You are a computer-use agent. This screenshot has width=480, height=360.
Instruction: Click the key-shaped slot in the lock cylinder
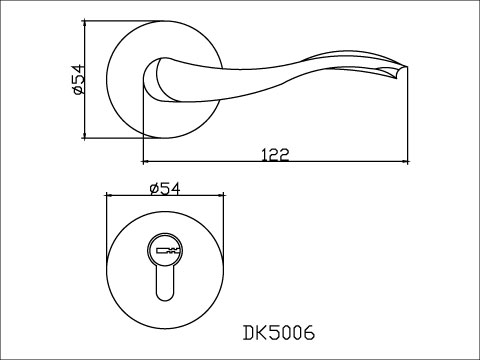[x=166, y=249]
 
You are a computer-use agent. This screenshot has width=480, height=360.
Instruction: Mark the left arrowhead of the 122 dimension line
[x=147, y=161]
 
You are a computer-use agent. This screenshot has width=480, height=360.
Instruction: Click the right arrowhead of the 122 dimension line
[x=405, y=161]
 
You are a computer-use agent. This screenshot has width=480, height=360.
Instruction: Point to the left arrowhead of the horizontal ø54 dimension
[x=110, y=197]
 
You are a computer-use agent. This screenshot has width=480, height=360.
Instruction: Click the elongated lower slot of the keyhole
[x=166, y=288]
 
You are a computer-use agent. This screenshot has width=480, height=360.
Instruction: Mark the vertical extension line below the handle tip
[x=409, y=120]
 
